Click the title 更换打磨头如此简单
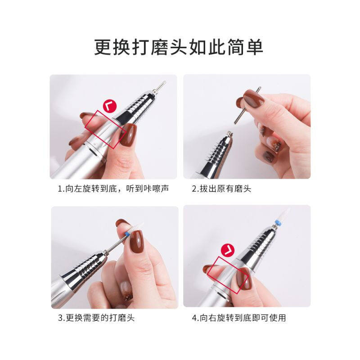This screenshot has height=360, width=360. click(179, 47)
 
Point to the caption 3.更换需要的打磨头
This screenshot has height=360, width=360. click(96, 318)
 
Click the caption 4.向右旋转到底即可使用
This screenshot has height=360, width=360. click(238, 318)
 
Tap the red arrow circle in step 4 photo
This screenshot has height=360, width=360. click(228, 248)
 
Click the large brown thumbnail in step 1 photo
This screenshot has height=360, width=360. click(129, 135)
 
